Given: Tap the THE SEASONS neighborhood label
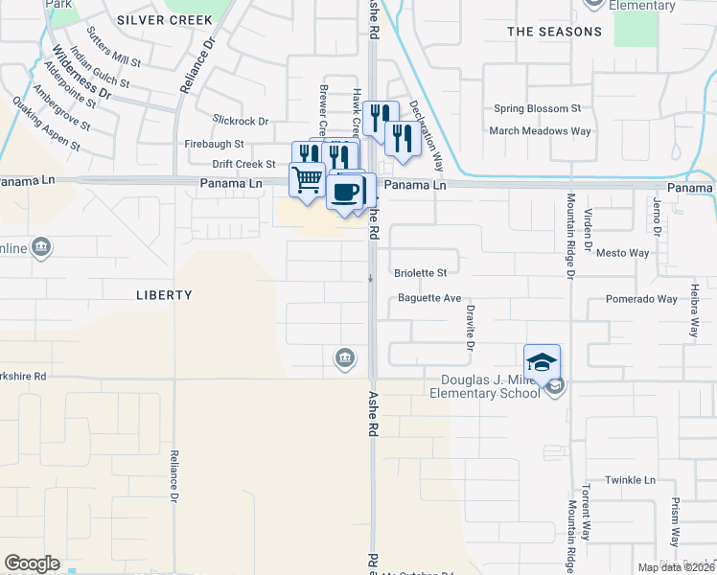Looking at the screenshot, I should (x=554, y=32).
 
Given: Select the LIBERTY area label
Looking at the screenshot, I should (x=164, y=295).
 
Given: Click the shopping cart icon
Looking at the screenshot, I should (x=307, y=178).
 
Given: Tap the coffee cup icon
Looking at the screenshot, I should (x=345, y=190).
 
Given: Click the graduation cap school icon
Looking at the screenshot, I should (x=542, y=361).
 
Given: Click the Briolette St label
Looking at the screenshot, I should (x=421, y=273).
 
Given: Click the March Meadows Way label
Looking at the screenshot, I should (x=540, y=131).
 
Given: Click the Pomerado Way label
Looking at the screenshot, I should (x=641, y=299).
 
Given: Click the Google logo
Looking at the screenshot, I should (x=32, y=563).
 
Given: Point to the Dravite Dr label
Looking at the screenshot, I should (x=471, y=327).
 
